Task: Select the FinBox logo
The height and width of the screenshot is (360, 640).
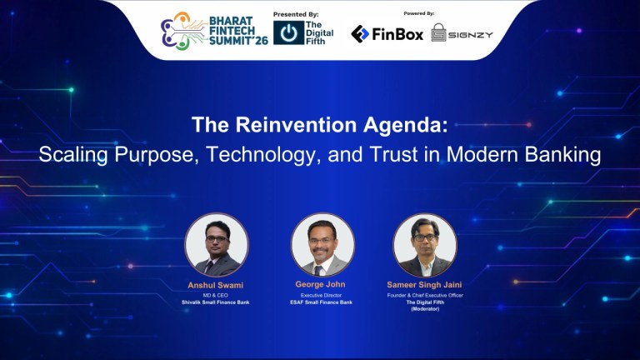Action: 387,33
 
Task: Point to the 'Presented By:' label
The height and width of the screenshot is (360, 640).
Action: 296,14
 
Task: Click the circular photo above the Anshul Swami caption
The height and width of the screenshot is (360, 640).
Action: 217,245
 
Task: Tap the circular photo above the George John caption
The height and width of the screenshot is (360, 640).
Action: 322,245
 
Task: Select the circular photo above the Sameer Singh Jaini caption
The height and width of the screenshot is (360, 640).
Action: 425,245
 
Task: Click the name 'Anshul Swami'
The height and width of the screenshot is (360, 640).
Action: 215,287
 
